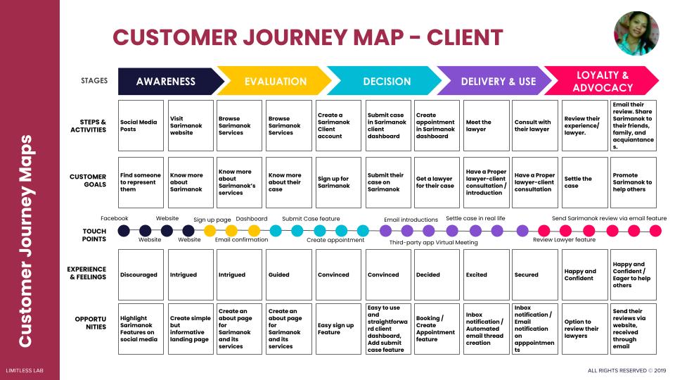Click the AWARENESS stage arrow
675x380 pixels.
pos(166,82)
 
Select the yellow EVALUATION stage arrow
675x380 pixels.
pos(275,82)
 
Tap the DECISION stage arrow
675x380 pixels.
pos(387,82)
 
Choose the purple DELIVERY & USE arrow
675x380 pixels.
pos(498,82)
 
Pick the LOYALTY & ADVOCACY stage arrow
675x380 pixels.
pos(602,82)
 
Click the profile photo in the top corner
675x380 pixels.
pos(636,33)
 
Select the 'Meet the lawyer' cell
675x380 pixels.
pos(486,126)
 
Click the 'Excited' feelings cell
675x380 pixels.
pos(486,274)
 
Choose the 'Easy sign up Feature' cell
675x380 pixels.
pos(338,329)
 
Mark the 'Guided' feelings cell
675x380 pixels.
pos(289,274)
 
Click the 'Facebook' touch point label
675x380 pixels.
pos(115,219)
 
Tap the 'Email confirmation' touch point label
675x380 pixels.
pos(241,240)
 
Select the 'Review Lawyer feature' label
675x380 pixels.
pos(564,240)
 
